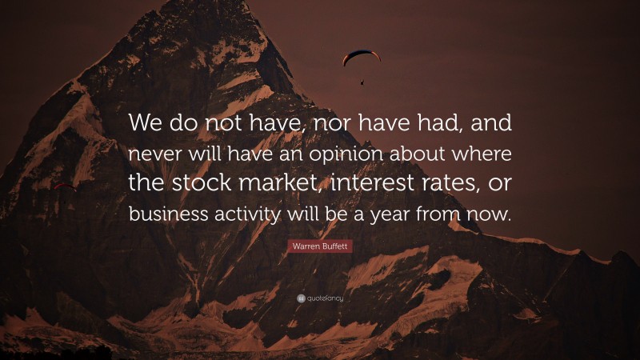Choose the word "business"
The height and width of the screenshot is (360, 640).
[165, 214]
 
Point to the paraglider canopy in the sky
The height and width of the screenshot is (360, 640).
[362, 56]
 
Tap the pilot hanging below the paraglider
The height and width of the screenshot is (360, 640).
[362, 81]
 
